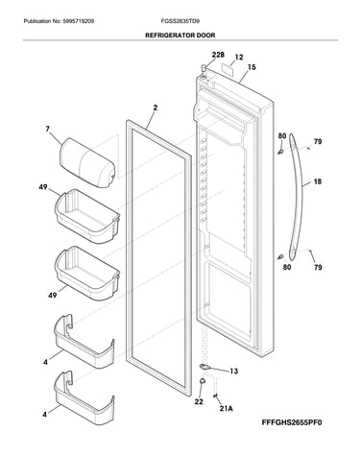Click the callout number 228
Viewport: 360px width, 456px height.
click(x=218, y=55)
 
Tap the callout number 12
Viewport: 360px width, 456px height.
click(x=239, y=58)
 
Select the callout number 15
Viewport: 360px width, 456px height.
click(x=252, y=67)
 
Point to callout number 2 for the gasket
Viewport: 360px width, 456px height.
click(x=156, y=108)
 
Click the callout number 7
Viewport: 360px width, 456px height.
click(x=48, y=129)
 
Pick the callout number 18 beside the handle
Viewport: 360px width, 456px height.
click(x=317, y=181)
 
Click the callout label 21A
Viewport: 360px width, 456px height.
click(x=226, y=408)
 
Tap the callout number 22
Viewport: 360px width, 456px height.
click(x=199, y=401)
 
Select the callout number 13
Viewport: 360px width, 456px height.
click(x=234, y=372)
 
